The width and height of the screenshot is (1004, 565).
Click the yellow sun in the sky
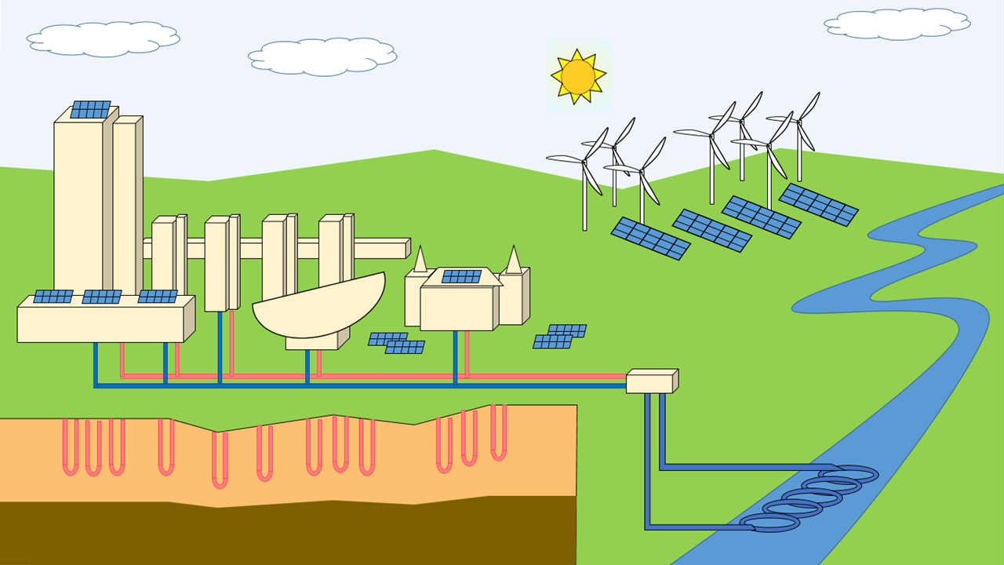tap(578, 76)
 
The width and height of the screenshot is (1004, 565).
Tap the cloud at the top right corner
tap(897, 24)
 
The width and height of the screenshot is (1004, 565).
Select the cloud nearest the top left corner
tap(102, 38)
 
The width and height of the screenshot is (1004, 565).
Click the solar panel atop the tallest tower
tap(90, 110)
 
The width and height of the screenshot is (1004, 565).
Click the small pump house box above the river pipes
tap(650, 382)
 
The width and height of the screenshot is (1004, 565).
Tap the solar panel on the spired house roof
tap(461, 276)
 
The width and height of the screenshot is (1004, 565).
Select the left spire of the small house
tap(420, 261)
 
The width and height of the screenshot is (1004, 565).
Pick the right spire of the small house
tap(513, 261)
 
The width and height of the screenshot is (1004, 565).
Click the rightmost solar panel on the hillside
tap(818, 204)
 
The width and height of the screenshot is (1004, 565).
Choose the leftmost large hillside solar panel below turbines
tap(650, 238)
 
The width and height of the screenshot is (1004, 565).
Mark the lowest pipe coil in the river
tap(769, 523)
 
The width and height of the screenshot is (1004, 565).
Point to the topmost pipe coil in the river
tap(848, 474)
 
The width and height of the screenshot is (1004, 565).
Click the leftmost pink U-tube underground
tap(71, 447)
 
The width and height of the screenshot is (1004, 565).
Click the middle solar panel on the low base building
tap(102, 297)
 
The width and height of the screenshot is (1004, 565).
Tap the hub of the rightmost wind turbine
tap(798, 120)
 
